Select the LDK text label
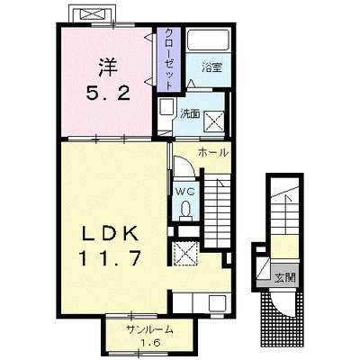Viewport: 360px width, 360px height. pyautogui.click(x=110, y=233)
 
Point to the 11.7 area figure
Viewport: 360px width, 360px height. pyautogui.click(x=110, y=258)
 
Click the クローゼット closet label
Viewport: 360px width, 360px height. pyautogui.click(x=169, y=59)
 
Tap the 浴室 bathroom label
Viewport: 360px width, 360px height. pyautogui.click(x=211, y=67)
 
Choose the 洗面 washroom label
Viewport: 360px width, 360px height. pyautogui.click(x=190, y=113)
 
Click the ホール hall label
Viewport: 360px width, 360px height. pyautogui.click(x=213, y=153)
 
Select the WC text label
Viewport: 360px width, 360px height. pyautogui.click(x=185, y=191)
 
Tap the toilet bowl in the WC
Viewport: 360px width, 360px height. pyautogui.click(x=185, y=209)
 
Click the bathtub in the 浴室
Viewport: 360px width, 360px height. pyautogui.click(x=209, y=40)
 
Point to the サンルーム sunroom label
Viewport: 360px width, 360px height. pyautogui.click(x=150, y=330)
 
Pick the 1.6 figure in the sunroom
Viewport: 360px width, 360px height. pyautogui.click(x=149, y=343)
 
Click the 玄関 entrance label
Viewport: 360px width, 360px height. pyautogui.click(x=285, y=278)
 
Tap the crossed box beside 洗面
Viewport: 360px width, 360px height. pyautogui.click(x=215, y=121)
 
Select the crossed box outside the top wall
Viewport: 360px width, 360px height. pyautogui.click(x=92, y=14)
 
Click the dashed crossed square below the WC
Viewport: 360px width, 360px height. pyautogui.click(x=185, y=254)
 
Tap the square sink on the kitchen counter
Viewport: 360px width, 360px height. pyautogui.click(x=217, y=303)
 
